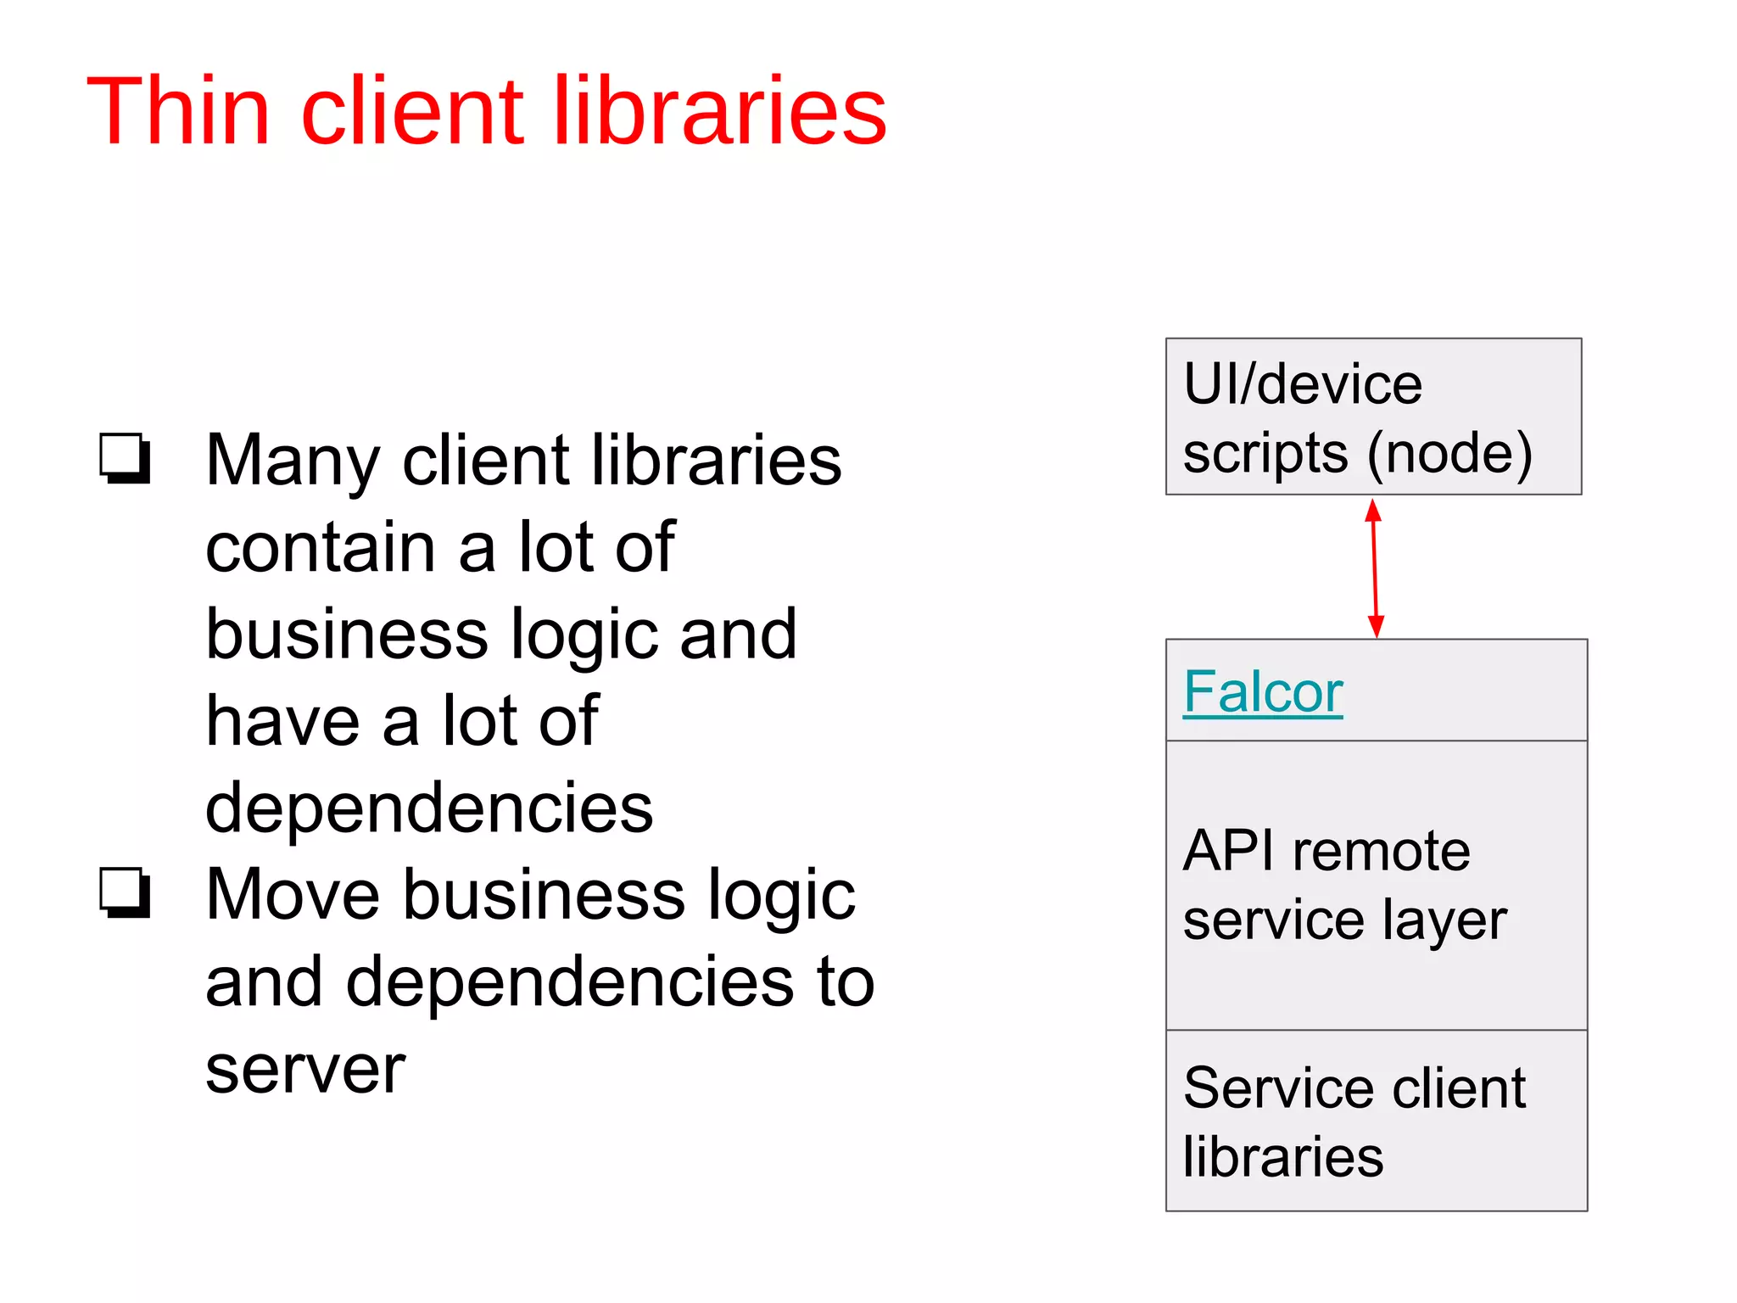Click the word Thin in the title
tap(178, 111)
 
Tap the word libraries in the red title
tap(720, 111)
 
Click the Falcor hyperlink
tap(1262, 692)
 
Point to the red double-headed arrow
tap(1375, 568)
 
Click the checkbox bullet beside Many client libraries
tap(125, 458)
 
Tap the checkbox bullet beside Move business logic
tap(125, 892)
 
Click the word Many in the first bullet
tap(293, 461)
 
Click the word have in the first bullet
tap(282, 721)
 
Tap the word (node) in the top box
tap(1449, 454)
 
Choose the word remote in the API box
tap(1381, 851)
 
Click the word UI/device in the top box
tap(1302, 384)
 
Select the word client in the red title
tap(412, 111)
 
